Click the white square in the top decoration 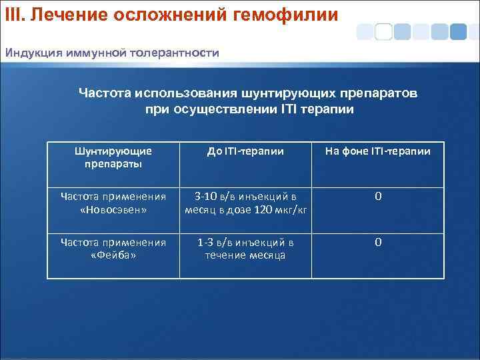pos(383,31)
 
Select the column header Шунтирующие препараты pos(113,157)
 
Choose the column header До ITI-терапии pos(245,151)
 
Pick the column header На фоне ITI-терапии pos(377,151)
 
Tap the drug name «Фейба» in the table pos(113,255)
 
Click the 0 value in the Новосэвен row pos(377,196)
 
